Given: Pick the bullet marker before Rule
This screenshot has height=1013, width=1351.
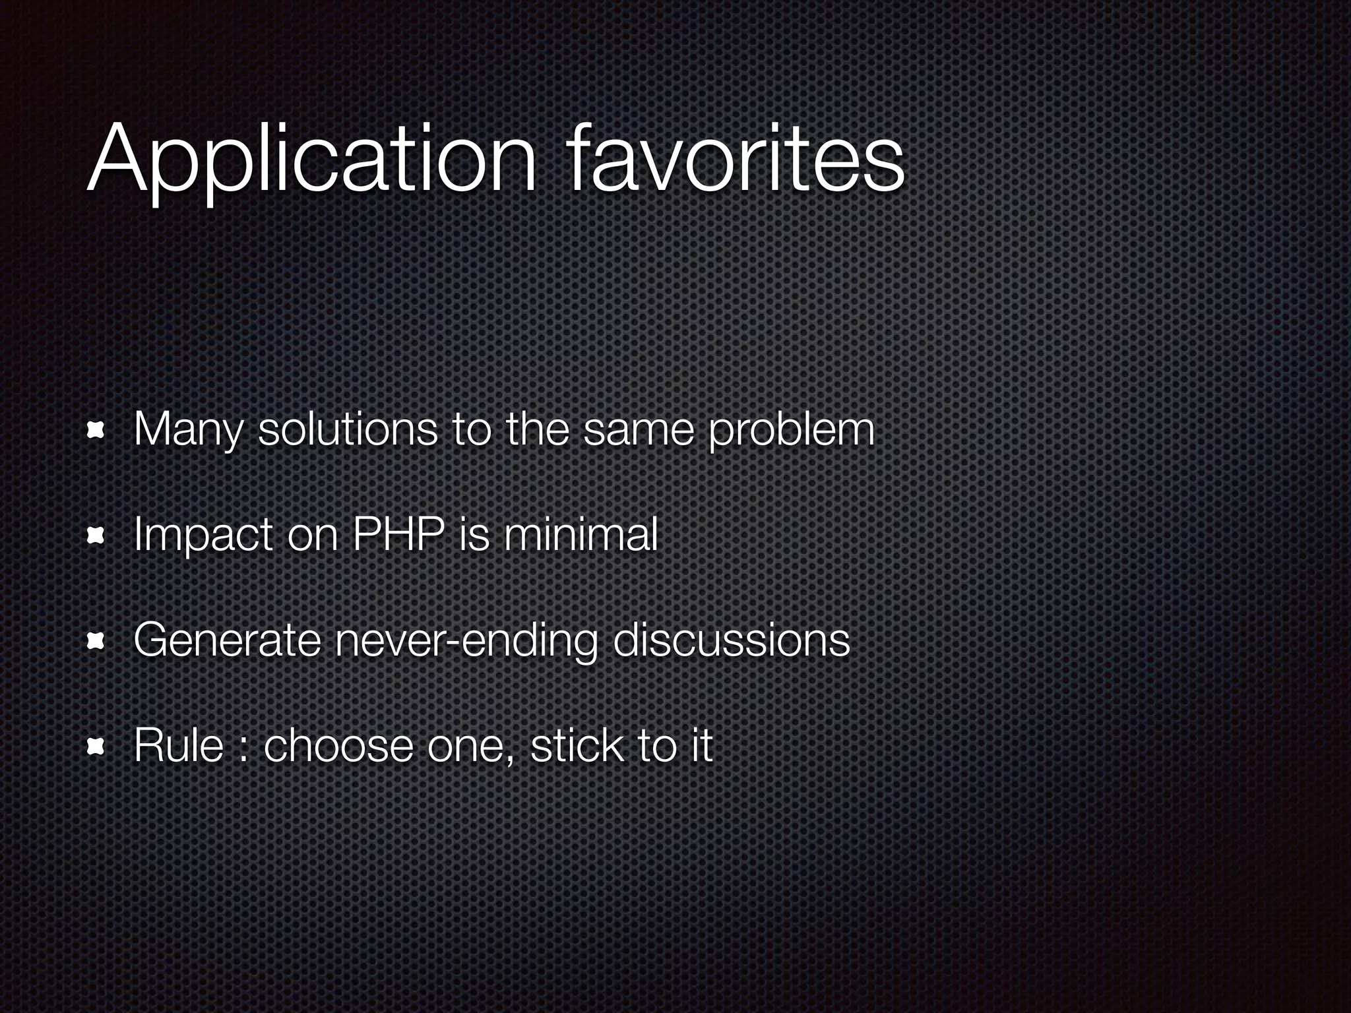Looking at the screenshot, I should click(97, 746).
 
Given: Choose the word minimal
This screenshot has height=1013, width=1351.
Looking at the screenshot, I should click(580, 534).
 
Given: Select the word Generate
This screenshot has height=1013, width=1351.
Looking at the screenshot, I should click(227, 640).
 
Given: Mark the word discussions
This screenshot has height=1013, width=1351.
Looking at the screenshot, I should click(731, 640).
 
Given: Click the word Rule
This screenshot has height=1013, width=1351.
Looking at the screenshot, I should click(178, 745).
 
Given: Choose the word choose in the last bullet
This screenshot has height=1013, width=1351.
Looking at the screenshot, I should click(338, 745).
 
